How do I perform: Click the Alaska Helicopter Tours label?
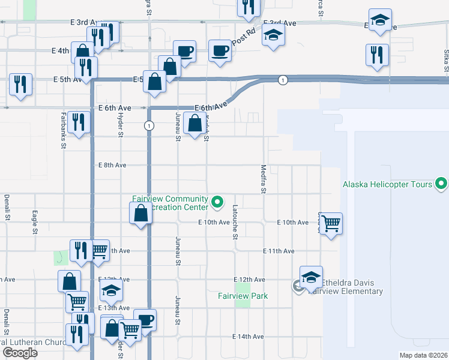[387, 184]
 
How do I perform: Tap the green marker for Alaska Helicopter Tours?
[442, 183]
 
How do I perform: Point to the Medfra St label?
[263, 179]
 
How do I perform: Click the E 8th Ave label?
[112, 165]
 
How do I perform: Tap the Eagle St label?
[35, 221]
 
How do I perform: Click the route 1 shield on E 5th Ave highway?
[282, 80]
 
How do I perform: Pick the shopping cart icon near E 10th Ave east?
[331, 224]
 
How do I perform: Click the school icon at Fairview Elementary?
[311, 277]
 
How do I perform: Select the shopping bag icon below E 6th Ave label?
[195, 124]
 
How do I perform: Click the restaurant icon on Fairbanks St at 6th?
[79, 122]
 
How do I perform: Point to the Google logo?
[20, 353]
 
